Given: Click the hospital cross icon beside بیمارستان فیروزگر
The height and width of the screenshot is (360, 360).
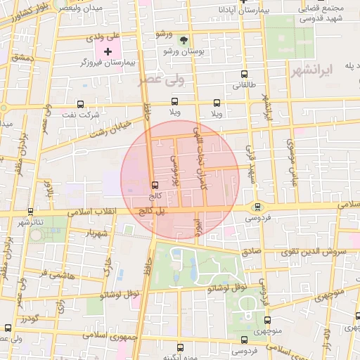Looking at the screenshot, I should pyautogui.click(x=108, y=51).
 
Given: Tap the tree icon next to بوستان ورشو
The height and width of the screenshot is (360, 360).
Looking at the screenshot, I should pyautogui.click(x=184, y=41).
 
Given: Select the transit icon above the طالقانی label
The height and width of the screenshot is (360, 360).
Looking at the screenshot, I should pyautogui.click(x=244, y=74).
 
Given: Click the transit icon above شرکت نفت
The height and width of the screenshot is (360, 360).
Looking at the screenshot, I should pyautogui.click(x=80, y=103).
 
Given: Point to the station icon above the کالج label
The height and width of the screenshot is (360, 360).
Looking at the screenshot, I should pyautogui.click(x=154, y=186).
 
